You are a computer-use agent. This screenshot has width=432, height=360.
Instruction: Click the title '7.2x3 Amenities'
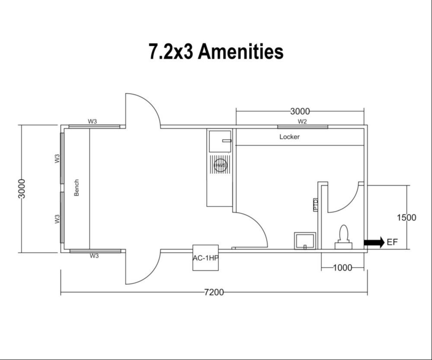[216, 51]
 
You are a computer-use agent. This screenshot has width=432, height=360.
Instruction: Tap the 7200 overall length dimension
[214, 293]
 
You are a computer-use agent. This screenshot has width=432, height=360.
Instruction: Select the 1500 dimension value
[406, 217]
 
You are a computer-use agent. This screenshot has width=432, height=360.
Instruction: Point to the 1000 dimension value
[342, 268]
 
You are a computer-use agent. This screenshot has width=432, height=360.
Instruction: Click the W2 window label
[302, 121]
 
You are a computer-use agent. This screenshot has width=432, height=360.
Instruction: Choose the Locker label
[289, 137]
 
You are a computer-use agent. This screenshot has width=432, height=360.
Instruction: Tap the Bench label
[77, 188]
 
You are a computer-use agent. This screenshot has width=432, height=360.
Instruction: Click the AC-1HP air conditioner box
[205, 258]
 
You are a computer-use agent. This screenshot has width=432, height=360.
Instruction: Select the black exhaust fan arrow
[374, 242]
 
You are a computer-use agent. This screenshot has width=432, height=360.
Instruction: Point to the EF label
[392, 242]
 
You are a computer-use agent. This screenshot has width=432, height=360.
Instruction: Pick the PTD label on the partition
[315, 204]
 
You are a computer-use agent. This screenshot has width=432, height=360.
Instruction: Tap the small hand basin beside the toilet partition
[305, 241]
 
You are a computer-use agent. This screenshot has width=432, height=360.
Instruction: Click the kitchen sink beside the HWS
[220, 141]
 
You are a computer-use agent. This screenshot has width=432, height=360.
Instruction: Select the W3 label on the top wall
[93, 121]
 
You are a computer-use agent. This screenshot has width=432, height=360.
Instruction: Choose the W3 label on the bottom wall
[94, 256]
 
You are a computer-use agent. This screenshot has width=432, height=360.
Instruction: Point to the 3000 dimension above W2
[300, 112]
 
